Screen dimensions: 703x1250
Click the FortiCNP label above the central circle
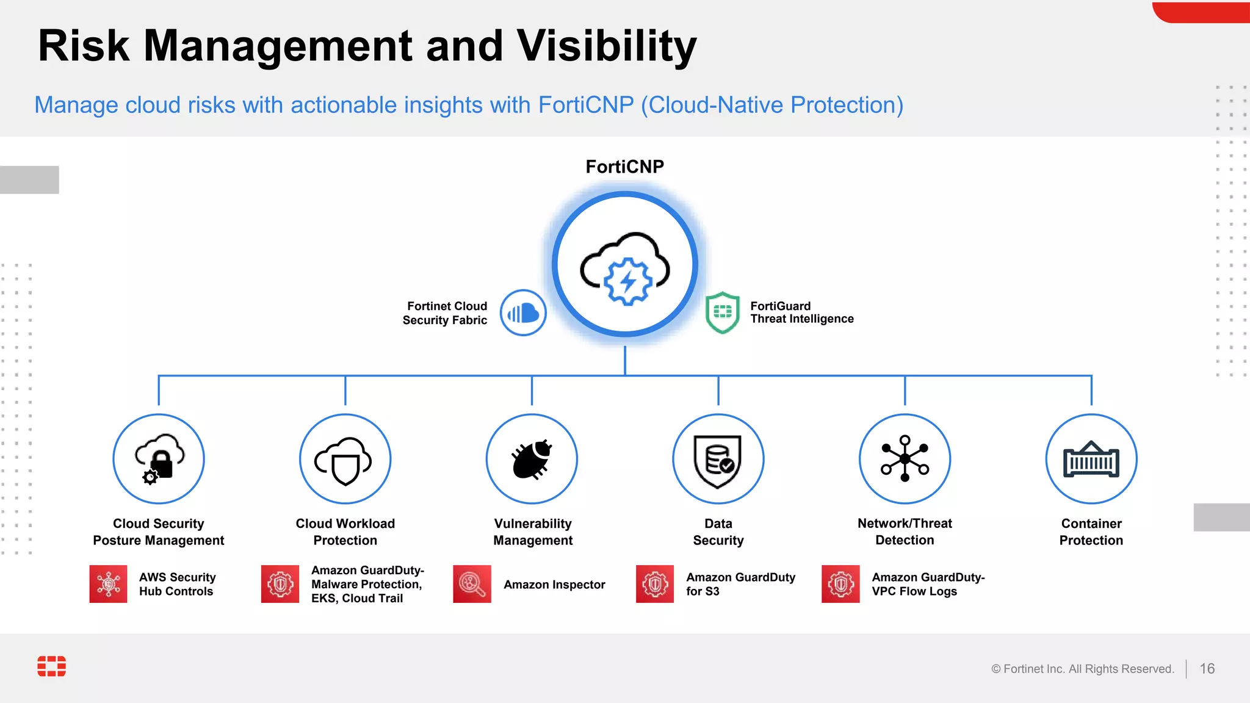[624, 167]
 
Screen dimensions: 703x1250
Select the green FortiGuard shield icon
[722, 312]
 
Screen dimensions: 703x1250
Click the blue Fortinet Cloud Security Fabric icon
[523, 313]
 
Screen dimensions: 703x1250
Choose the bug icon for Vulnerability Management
[532, 459]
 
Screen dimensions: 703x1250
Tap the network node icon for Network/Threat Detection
[905, 459]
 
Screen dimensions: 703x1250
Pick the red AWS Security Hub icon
[109, 584]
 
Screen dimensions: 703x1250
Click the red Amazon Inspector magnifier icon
[472, 584]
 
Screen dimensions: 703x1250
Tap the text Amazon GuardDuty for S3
[740, 584]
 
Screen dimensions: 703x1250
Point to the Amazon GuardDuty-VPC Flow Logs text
[928, 584]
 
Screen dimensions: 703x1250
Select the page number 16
[1207, 669]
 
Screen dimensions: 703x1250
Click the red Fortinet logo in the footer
[52, 666]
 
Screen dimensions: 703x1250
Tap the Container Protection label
[1091, 532]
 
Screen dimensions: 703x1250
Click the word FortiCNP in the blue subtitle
[586, 105]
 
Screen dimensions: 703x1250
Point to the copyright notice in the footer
[1082, 669]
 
